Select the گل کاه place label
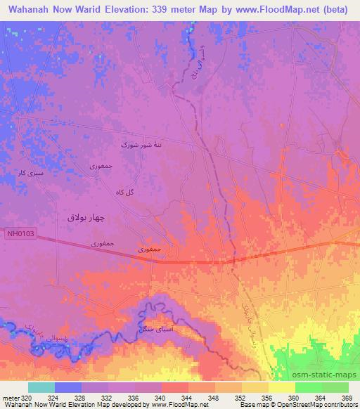pyautogui.click(x=123, y=192)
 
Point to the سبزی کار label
pyautogui.click(x=32, y=171)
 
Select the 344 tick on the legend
pyautogui.click(x=188, y=398)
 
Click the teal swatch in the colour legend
pyautogui.click(x=41, y=387)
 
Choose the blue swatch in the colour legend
pyautogui.click(x=68, y=387)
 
